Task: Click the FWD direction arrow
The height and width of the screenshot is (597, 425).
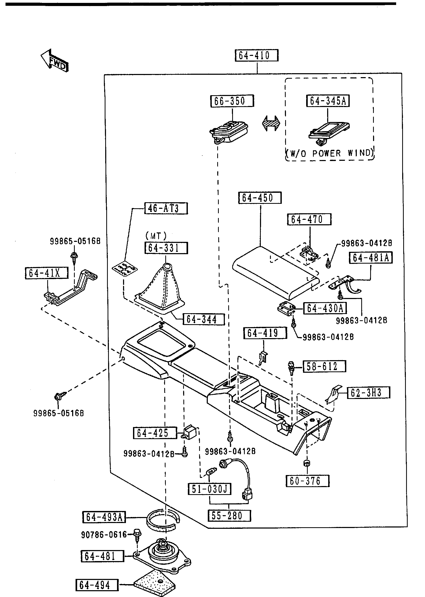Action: click(55, 61)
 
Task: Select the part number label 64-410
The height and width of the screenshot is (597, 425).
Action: click(256, 56)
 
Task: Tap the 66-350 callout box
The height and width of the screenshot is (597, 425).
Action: click(232, 101)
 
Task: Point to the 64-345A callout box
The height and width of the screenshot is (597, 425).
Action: click(328, 101)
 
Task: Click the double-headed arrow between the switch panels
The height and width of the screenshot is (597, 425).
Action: click(271, 123)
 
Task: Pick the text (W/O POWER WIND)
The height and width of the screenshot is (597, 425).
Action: click(330, 153)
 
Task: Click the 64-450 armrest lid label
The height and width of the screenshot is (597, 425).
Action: click(260, 198)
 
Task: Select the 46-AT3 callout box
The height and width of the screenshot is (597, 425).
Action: click(166, 209)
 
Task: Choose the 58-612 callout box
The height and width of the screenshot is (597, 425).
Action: click(324, 366)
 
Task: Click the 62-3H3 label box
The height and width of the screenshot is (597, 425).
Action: click(369, 400)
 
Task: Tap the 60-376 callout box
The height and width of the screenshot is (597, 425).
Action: click(307, 481)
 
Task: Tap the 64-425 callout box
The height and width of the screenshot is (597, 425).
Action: click(155, 433)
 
